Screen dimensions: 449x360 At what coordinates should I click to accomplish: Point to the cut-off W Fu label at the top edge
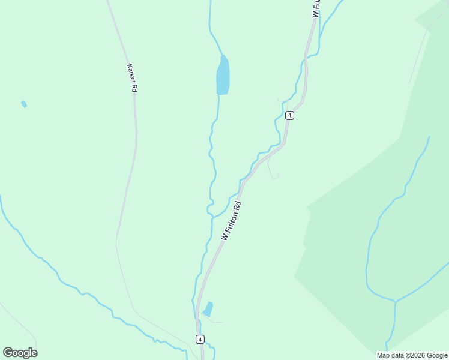(316, 8)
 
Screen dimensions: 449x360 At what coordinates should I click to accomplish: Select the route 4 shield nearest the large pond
(289, 115)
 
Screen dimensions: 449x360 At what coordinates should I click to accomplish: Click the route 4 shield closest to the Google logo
(200, 339)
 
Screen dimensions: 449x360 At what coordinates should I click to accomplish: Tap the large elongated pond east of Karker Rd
(223, 77)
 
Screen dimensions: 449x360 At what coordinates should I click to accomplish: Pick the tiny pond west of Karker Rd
(24, 104)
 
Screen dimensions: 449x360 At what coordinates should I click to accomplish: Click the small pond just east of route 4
(208, 309)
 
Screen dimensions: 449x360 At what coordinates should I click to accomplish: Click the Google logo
(20, 352)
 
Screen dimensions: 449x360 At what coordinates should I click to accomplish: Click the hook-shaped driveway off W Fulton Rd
(273, 174)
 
